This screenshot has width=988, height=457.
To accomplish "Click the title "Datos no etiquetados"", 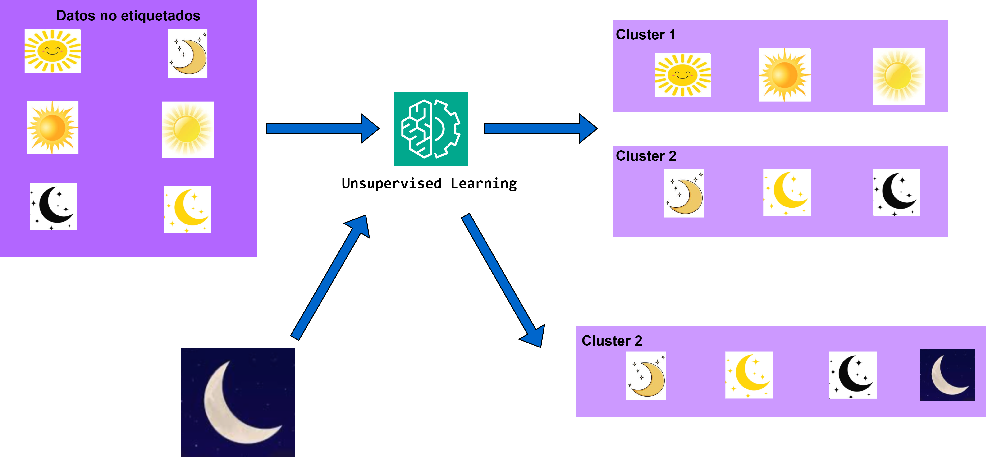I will (128, 16).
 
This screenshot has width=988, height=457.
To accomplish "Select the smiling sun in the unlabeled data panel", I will (53, 51).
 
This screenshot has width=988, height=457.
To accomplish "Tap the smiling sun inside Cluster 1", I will (682, 75).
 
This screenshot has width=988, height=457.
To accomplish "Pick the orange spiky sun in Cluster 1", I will (784, 75).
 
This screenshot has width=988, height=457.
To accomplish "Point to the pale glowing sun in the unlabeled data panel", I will (188, 130).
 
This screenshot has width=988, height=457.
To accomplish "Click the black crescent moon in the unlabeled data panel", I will (53, 206).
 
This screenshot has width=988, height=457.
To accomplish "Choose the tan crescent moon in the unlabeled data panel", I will (188, 53).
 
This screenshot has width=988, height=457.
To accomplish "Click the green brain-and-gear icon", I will (431, 129).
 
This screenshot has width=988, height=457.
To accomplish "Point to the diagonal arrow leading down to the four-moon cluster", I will (503, 280).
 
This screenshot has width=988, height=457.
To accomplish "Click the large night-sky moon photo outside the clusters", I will (238, 402).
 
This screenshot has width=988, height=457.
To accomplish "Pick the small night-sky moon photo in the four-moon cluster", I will (947, 375).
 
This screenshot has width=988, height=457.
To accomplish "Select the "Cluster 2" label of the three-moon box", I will (646, 156).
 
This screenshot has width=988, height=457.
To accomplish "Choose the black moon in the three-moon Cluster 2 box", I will (896, 192).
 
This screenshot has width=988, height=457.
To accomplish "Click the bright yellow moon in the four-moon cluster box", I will (749, 375).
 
